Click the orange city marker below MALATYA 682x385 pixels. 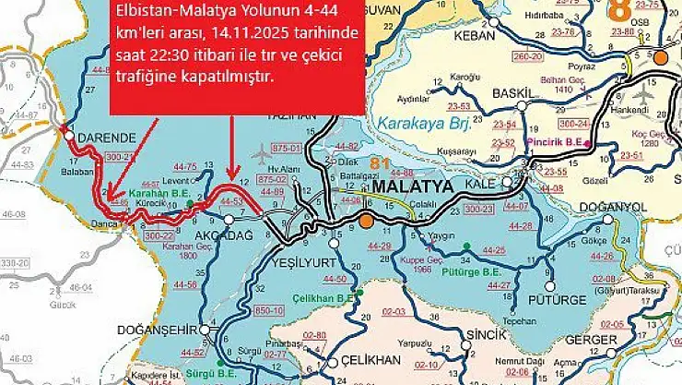pos(367,221)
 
